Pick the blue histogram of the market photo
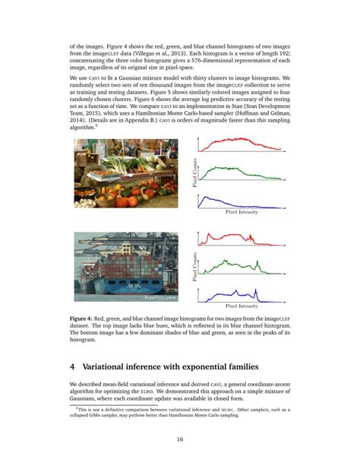pyautogui.click(x=243, y=201)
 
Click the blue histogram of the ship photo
pyautogui.click(x=243, y=293)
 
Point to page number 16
pyautogui.click(x=180, y=439)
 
